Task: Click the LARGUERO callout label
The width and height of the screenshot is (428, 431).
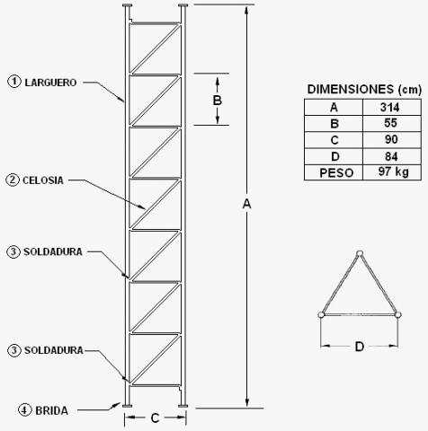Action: pos(50,83)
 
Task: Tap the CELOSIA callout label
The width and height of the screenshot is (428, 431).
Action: pos(43,180)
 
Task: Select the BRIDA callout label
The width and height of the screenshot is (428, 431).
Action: pos(52,410)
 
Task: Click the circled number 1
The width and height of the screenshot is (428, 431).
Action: pos(14,82)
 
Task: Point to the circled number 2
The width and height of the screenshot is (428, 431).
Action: pos(13,180)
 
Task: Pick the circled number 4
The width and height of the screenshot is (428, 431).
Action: pos(24,410)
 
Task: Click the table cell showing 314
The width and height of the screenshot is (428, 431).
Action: pos(392,107)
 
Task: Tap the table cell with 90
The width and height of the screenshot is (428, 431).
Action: pos(392,140)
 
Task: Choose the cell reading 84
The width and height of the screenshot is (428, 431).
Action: pos(392,156)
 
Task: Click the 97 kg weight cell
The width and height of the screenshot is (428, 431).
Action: pos(392,172)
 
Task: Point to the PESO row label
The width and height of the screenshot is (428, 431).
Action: pos(336,173)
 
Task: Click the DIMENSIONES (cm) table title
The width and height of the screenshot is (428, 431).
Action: pos(364,90)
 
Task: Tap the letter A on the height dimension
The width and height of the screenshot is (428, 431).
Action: pos(246,204)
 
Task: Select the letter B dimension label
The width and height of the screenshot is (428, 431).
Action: pos(218,101)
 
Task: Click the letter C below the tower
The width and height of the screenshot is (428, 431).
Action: pos(155,418)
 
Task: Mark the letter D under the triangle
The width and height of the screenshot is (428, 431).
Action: pos(360,347)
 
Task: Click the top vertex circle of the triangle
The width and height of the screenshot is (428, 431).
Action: pos(360,253)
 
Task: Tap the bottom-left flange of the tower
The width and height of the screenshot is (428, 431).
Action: pos(128,406)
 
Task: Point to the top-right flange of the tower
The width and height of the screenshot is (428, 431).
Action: pos(183,5)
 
